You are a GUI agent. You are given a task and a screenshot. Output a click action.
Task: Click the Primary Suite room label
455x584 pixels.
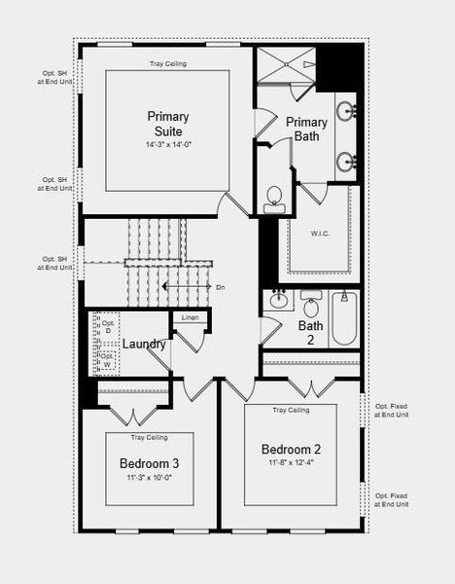(x=167, y=123)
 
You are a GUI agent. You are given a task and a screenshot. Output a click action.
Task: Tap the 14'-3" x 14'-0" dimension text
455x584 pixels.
(x=167, y=145)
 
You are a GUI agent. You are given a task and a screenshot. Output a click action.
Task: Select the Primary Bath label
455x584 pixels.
(x=306, y=128)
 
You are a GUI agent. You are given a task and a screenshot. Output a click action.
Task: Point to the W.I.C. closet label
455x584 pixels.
(x=321, y=233)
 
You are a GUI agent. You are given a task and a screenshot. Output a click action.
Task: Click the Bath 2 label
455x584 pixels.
(x=311, y=333)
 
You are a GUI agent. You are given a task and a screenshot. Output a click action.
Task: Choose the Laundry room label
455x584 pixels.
(x=143, y=344)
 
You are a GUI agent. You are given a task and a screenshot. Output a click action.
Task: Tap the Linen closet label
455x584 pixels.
(x=190, y=317)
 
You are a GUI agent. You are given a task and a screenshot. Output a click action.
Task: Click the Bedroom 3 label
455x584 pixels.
(x=149, y=463)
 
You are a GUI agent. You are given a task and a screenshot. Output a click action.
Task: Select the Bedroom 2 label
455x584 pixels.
(x=291, y=449)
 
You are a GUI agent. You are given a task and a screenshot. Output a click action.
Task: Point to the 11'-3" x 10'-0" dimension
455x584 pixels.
(x=149, y=478)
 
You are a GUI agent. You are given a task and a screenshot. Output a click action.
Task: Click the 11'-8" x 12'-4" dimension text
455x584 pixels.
(x=291, y=463)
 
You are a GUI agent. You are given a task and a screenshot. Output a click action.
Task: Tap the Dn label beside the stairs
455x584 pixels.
(x=221, y=287)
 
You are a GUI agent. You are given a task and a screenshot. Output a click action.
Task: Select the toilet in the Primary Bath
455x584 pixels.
(x=274, y=198)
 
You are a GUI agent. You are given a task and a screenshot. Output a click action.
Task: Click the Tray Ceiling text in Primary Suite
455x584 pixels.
(x=167, y=64)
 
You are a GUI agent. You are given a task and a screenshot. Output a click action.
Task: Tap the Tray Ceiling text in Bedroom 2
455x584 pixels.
(x=291, y=410)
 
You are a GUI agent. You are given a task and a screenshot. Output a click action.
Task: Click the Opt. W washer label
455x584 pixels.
(x=108, y=360)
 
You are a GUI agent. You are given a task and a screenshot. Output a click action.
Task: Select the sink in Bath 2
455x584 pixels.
(x=279, y=299)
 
